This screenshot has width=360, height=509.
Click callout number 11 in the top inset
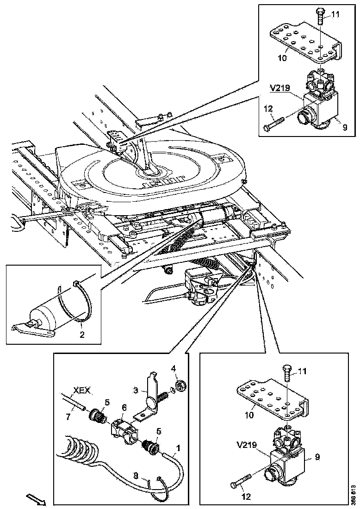(335, 14)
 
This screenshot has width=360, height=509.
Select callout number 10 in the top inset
(282, 58)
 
